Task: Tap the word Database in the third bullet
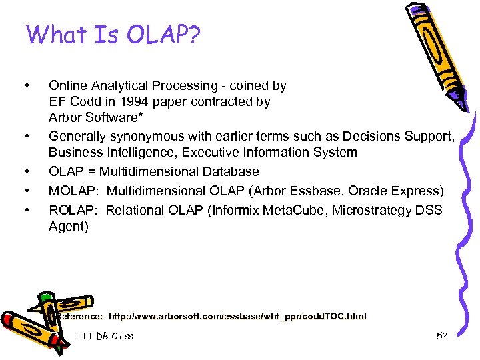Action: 229,171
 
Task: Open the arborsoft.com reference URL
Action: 237,315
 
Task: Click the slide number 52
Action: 441,336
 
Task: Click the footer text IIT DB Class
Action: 105,336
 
